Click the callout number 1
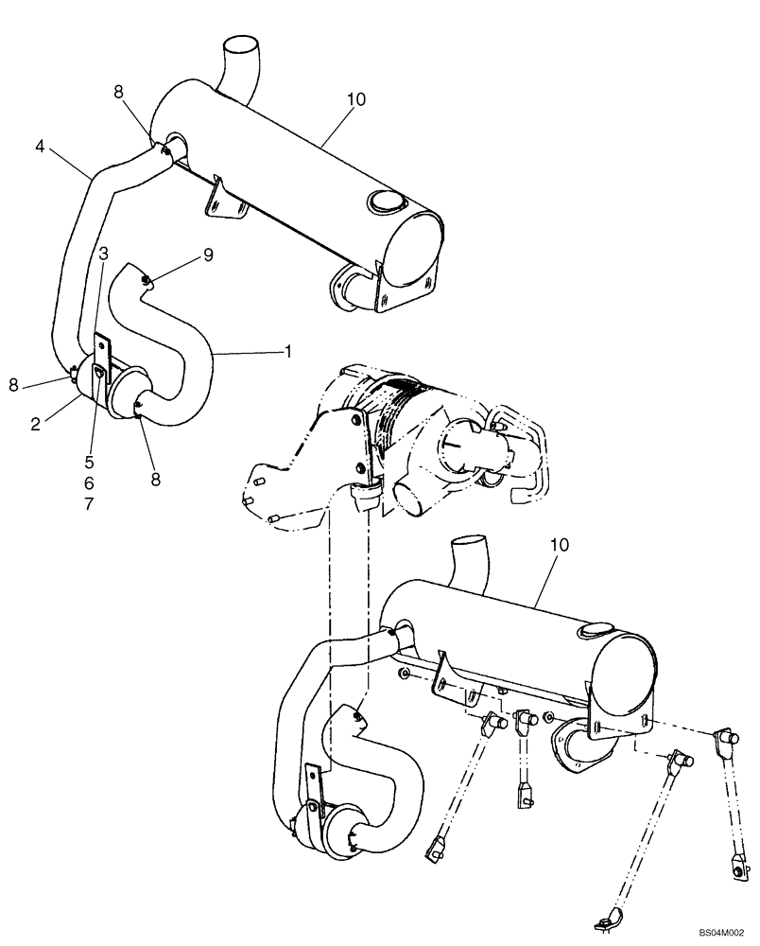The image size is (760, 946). pyautogui.click(x=286, y=351)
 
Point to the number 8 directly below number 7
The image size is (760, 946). pyautogui.click(x=155, y=480)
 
